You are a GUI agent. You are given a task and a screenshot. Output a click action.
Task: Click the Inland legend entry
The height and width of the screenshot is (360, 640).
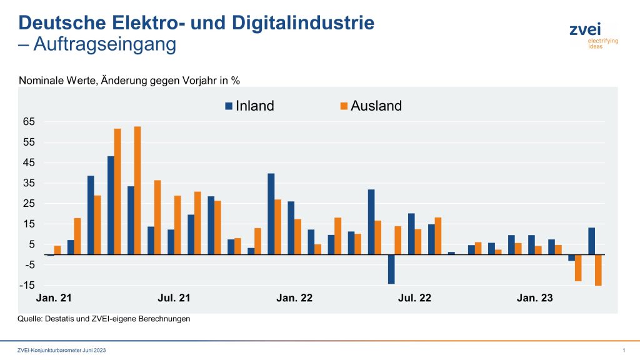coord(249,106)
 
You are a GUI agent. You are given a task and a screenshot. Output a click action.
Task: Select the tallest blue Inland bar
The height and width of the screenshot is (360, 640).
coord(111,205)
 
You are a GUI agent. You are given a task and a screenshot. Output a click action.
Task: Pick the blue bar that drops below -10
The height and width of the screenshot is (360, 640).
coord(391,269)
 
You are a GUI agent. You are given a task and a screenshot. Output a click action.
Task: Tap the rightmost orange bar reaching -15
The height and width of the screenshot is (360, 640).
coord(598,270)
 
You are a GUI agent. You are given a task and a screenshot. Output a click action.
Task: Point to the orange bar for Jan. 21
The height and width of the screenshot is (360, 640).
coord(57,250)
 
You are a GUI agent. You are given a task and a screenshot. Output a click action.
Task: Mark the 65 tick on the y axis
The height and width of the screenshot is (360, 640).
coord(29,122)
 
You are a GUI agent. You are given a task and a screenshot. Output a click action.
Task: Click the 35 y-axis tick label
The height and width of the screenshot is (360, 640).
coord(29,183)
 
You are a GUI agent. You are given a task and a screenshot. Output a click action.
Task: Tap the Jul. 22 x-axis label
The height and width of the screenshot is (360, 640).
coord(414,298)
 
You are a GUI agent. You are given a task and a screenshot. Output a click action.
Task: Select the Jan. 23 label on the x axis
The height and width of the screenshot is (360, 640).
coord(534,298)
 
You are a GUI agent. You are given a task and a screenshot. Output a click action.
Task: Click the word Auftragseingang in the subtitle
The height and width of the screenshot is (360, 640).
coord(105,45)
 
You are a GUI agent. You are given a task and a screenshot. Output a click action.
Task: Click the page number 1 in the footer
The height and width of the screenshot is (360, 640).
coord(624,349)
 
